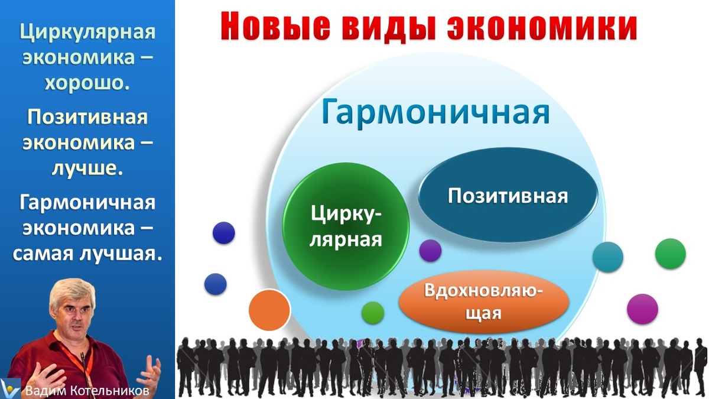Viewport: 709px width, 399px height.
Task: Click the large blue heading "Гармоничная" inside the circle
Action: click(x=436, y=113)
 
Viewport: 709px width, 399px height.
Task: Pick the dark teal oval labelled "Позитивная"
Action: click(x=508, y=196)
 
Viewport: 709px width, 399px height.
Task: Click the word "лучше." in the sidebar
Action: click(x=87, y=168)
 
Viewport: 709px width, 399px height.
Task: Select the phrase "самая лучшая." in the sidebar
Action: click(x=87, y=254)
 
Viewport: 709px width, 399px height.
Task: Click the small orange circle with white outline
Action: click(x=269, y=310)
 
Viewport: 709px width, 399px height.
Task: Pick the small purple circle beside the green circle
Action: click(x=430, y=251)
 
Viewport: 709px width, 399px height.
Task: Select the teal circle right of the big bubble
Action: click(x=607, y=257)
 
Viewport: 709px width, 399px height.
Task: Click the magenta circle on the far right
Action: click(x=642, y=309)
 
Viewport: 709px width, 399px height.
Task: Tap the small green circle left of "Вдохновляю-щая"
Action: click(x=372, y=312)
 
